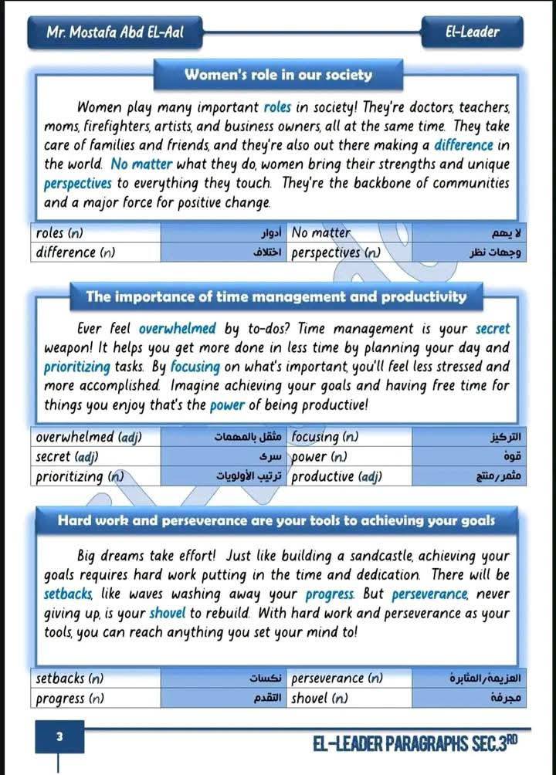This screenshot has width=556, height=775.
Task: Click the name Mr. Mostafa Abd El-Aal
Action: tap(116, 32)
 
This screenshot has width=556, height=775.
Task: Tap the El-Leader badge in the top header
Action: tap(473, 32)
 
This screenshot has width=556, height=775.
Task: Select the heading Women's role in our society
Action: tap(278, 76)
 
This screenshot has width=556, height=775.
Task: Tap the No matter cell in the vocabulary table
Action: tap(320, 232)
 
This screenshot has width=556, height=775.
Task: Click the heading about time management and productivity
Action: tap(276, 296)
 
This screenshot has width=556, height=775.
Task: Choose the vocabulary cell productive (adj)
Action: tap(338, 477)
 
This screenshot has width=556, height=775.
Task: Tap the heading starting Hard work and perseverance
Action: tap(276, 520)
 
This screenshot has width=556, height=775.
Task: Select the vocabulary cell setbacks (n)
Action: tap(70, 679)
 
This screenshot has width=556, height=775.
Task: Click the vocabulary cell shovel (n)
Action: tap(320, 699)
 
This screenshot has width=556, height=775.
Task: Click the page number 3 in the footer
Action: tap(59, 736)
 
